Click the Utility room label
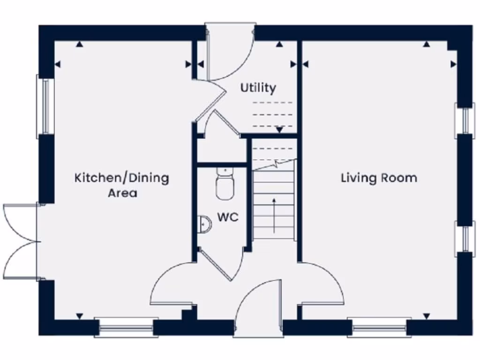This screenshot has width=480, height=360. [258, 88]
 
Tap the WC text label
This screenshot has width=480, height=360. [228, 217]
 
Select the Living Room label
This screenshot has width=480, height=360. [379, 178]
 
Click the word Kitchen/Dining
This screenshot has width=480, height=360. [122, 178]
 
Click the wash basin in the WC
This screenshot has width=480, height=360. [205, 225]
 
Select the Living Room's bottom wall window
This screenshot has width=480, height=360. [380, 327]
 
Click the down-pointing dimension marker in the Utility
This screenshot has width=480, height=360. [280, 129]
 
